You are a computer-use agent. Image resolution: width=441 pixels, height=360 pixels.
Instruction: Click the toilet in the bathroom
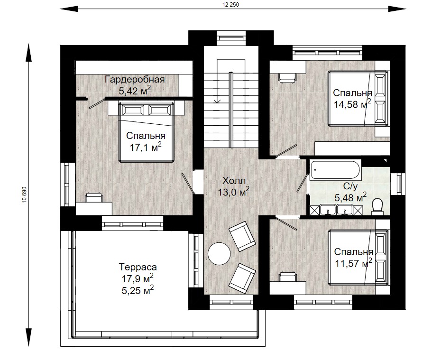[377, 206]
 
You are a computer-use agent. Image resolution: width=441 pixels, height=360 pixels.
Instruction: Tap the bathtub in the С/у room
[335, 170]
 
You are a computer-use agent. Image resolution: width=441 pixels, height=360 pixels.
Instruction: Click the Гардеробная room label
[135, 80]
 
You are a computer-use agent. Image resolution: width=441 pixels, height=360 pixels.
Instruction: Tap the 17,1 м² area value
[146, 147]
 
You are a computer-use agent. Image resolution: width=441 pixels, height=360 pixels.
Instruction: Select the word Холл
[234, 180]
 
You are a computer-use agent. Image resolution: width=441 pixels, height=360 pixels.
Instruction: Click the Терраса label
[138, 267]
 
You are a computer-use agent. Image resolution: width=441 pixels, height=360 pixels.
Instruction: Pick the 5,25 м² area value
[138, 290]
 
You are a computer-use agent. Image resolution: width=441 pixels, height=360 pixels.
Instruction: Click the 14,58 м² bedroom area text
[352, 104]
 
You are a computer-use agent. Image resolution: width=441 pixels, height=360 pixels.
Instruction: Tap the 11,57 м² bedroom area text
[354, 263]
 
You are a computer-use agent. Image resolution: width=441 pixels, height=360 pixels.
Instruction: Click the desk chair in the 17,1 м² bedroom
[94, 197]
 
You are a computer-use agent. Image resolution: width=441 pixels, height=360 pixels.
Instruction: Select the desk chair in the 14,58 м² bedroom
[287, 78]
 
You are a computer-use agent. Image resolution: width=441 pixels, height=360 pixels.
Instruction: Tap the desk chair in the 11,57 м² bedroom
[287, 276]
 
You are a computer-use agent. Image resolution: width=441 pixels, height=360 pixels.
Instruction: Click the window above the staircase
[231, 38]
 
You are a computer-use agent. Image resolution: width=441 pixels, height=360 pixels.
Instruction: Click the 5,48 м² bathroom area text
[350, 197]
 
